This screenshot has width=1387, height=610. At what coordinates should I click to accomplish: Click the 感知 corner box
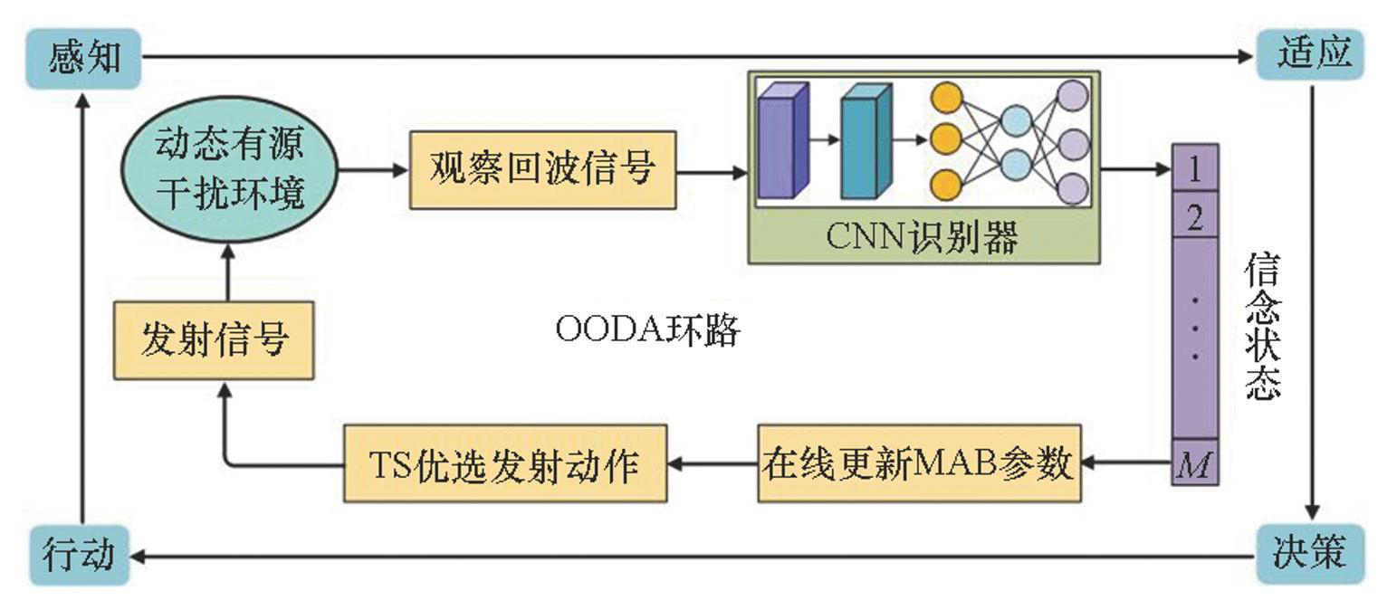click(83, 58)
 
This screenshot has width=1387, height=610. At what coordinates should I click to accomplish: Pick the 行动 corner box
click(79, 554)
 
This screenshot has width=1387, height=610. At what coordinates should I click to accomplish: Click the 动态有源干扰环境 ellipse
click(230, 169)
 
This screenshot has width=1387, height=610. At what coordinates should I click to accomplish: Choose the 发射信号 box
click(214, 339)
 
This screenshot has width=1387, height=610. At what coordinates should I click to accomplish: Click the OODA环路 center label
click(648, 331)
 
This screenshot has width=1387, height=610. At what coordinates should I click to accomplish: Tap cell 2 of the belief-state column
click(1194, 218)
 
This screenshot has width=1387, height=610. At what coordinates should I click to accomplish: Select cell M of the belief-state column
click(1194, 465)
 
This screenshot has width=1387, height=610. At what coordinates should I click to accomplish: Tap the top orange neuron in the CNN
click(945, 96)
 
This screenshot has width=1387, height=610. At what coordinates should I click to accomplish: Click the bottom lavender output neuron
click(1073, 188)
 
